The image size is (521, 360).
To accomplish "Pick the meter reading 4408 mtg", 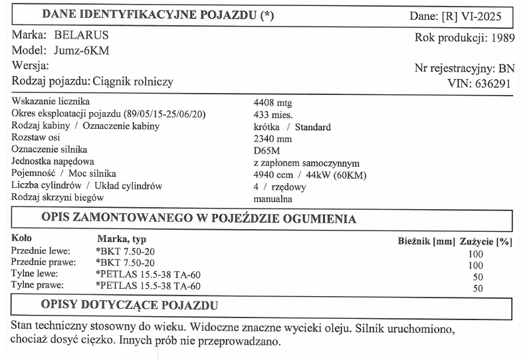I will pos(273,104).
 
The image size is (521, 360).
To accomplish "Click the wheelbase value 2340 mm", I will pos(272,139).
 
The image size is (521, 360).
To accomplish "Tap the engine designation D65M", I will pos(268,151).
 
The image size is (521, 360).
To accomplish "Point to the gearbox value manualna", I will pos(273,198).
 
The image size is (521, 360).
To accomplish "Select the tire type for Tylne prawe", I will pos(148,286).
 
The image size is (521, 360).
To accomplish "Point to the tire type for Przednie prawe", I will pos(125,263).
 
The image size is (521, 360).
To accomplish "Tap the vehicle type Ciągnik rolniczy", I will pos(132,82).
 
